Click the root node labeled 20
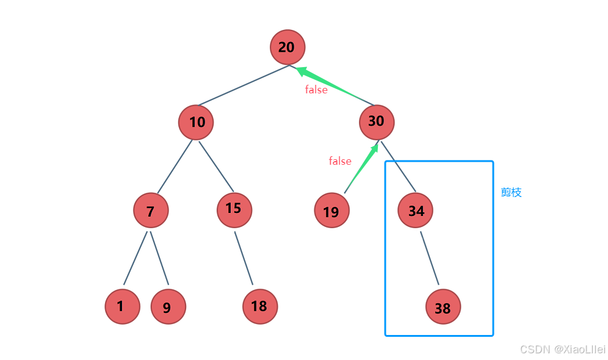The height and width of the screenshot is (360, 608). pyautogui.click(x=288, y=47)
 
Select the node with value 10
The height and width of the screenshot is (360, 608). pyautogui.click(x=196, y=122)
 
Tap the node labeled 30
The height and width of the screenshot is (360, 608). pyautogui.click(x=377, y=122)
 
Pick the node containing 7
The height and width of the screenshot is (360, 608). pyautogui.click(x=151, y=211)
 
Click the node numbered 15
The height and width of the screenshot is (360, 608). pyautogui.click(x=234, y=210)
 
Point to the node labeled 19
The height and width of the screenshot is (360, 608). pyautogui.click(x=332, y=210)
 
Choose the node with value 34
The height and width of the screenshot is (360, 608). pyautogui.click(x=415, y=210)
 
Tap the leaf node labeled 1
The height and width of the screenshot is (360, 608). pyautogui.click(x=123, y=306)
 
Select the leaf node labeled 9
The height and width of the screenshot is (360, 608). pyautogui.click(x=168, y=306)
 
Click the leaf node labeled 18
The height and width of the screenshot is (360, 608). pyautogui.click(x=260, y=306)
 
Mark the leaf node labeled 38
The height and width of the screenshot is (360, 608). pyautogui.click(x=443, y=306)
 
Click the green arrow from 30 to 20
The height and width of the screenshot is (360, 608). pyautogui.click(x=335, y=85)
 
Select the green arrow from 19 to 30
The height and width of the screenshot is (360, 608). pyautogui.click(x=361, y=168)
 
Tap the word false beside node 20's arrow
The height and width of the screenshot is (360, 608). pyautogui.click(x=316, y=90)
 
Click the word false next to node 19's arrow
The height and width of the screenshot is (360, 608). pyautogui.click(x=340, y=161)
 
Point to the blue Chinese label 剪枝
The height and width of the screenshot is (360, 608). pyautogui.click(x=511, y=192)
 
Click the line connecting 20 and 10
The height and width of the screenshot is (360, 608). pyautogui.click(x=244, y=85)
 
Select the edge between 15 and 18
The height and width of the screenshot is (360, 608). pyautogui.click(x=244, y=258)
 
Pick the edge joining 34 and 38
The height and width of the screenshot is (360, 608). pyautogui.click(x=430, y=258)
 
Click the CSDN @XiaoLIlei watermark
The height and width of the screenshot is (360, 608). pyautogui.click(x=563, y=349)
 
